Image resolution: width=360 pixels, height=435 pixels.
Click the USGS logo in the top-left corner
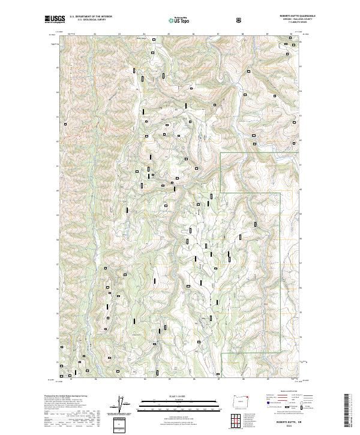pos(55,20)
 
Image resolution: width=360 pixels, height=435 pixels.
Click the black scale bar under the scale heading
pos(172,406)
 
